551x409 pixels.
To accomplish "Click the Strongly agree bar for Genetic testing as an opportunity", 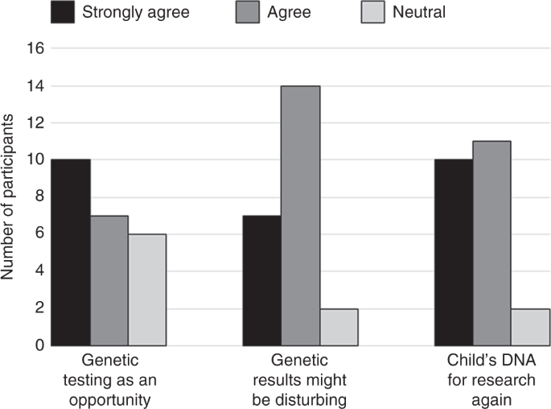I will pyautogui.click(x=71, y=252).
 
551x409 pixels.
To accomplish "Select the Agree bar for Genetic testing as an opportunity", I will pyautogui.click(x=109, y=280).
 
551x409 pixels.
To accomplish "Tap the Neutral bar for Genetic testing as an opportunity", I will pyautogui.click(x=146, y=290).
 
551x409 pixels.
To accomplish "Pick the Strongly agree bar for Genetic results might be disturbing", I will pyautogui.click(x=262, y=280).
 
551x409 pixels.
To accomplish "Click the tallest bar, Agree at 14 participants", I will pyautogui.click(x=300, y=215).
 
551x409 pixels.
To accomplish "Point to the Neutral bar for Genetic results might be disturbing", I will pyautogui.click(x=339, y=327).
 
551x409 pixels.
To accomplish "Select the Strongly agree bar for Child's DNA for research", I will pyautogui.click(x=454, y=252).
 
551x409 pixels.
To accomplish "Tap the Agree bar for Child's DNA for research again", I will pyautogui.click(x=491, y=243).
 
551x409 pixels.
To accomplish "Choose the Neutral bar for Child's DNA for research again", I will pyautogui.click(x=530, y=327).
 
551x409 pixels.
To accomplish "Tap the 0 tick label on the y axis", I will pyautogui.click(x=37, y=345).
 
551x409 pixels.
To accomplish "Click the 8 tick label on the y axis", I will pyautogui.click(x=37, y=197).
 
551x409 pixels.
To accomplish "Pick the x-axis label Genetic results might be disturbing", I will pyautogui.click(x=300, y=378).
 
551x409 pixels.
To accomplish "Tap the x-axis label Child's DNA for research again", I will pyautogui.click(x=491, y=378).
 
